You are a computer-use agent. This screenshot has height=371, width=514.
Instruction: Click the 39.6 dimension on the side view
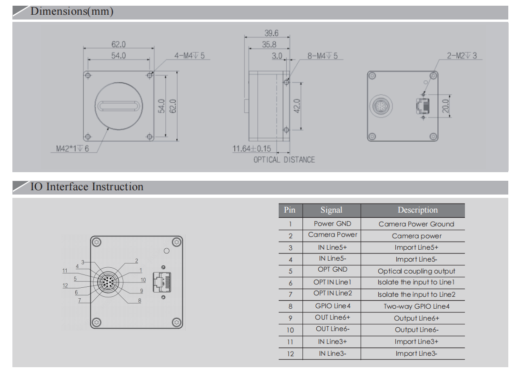[271, 33]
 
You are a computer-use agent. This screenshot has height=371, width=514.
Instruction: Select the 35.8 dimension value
[269, 44]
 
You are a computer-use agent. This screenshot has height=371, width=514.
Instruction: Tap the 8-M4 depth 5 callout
[322, 56]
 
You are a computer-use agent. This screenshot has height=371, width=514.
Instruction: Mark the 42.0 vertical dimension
[296, 106]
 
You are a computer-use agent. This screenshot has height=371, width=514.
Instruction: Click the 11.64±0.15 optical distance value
[252, 149]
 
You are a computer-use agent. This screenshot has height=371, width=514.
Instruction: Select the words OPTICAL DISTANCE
[284, 160]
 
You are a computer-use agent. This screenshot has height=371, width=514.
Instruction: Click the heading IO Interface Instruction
[87, 187]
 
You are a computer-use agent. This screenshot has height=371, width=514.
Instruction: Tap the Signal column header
[331, 210]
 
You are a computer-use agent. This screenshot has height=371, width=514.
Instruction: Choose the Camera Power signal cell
[333, 235]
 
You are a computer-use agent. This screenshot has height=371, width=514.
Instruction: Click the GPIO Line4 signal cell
[333, 306]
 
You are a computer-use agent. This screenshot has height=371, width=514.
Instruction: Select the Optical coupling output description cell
[416, 271]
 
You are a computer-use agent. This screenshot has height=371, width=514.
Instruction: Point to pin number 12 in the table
[291, 353]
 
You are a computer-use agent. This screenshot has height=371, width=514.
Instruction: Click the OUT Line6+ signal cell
[333, 318]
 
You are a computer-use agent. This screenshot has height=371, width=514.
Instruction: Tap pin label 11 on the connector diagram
[65, 271]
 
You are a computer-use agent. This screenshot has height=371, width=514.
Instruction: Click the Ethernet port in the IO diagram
[161, 282]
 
